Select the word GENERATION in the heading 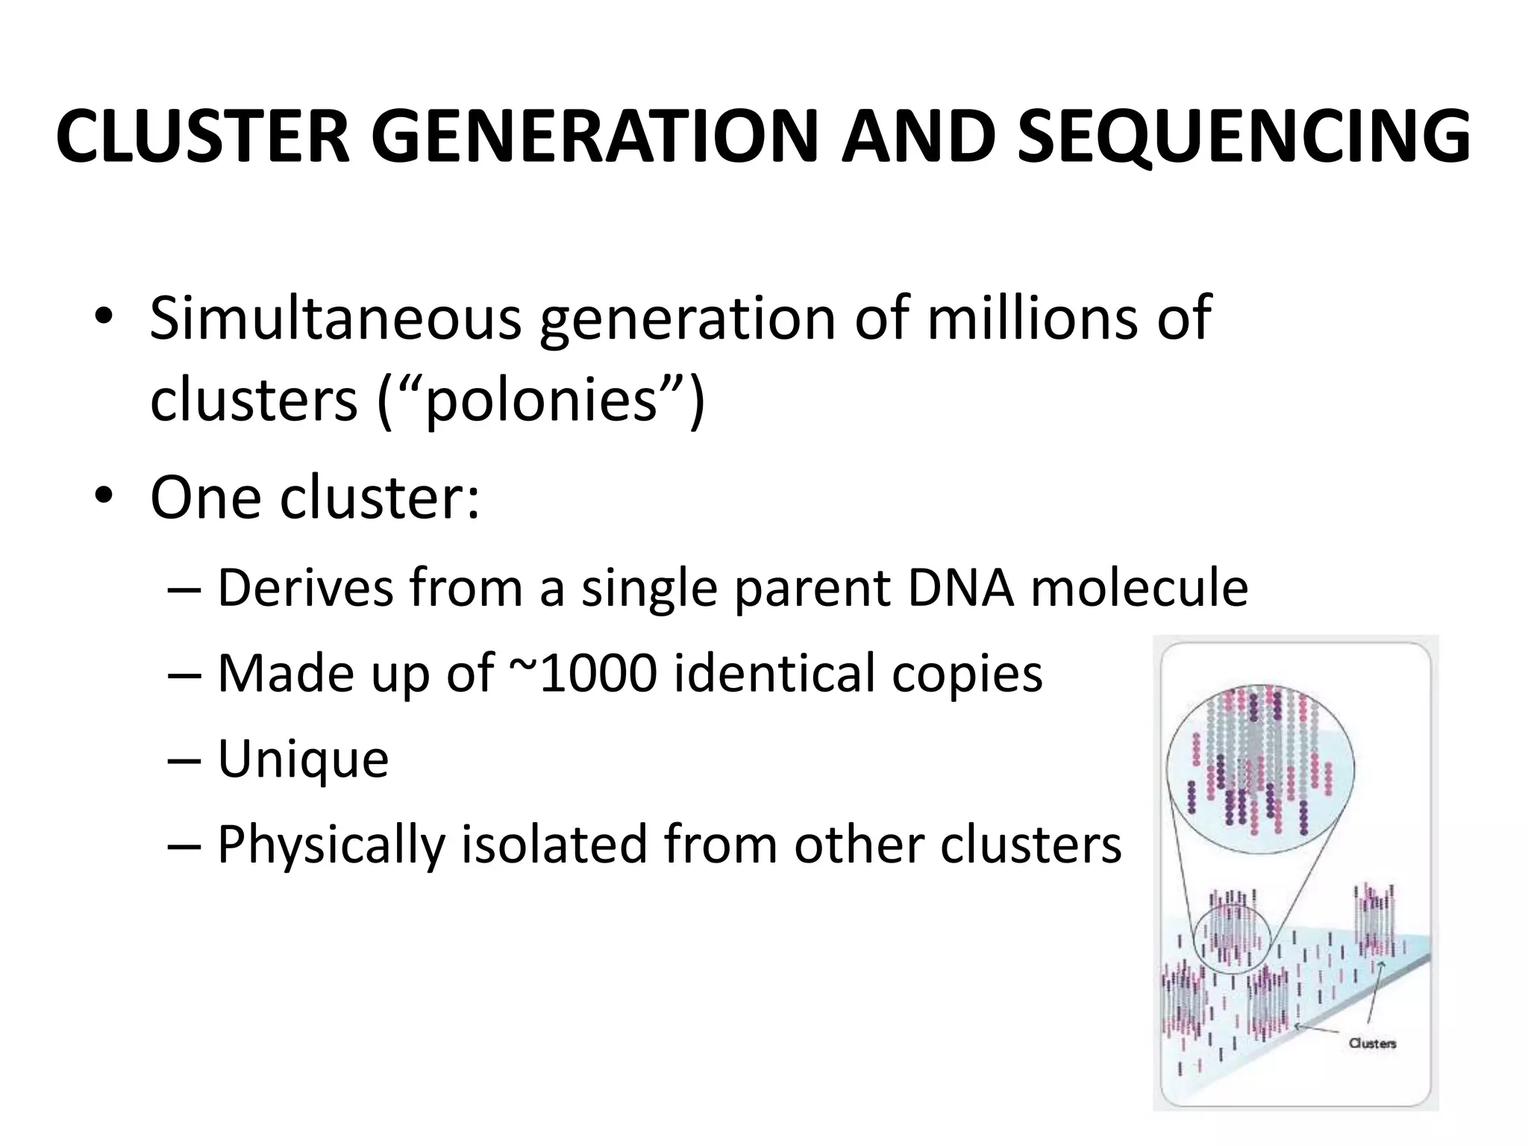(594, 137)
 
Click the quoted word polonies (540, 401)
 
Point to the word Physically (331, 845)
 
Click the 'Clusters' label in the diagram (1372, 1043)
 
